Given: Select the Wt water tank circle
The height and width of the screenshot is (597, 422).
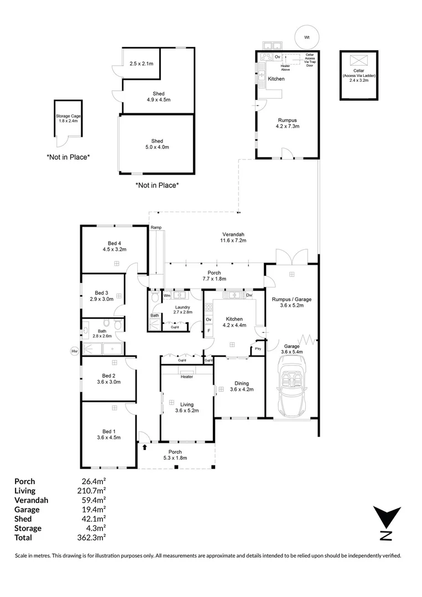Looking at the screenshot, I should point(306,38).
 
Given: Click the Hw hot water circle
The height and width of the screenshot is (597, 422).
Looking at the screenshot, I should point(74,350).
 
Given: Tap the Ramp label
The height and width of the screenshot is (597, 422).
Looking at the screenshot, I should point(155,228).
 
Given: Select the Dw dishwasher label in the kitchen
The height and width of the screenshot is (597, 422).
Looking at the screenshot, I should point(249,296).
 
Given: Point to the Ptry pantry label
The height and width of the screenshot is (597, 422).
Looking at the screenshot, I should point(257,349).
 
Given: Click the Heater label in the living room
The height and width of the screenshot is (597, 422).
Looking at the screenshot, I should point(186,377).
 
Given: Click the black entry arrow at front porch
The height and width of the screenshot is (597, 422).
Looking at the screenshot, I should point(145,447).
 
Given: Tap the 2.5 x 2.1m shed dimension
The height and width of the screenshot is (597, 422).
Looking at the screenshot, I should point(141,64).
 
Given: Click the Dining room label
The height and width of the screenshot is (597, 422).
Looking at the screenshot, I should point(241,383).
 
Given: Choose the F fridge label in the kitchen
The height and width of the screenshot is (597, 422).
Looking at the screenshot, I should point(209,331).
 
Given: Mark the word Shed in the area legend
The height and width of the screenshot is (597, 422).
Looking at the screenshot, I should point(23,519).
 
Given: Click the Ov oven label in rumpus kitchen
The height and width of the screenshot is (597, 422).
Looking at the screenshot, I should point(278,57).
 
